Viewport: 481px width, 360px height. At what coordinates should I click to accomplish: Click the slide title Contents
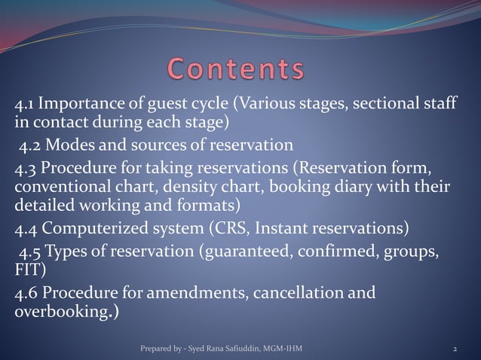click(x=235, y=69)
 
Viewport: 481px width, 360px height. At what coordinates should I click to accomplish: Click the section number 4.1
click(x=26, y=104)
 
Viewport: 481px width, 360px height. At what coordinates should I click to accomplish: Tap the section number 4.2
click(x=32, y=144)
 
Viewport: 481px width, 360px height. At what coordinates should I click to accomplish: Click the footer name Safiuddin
click(x=234, y=349)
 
